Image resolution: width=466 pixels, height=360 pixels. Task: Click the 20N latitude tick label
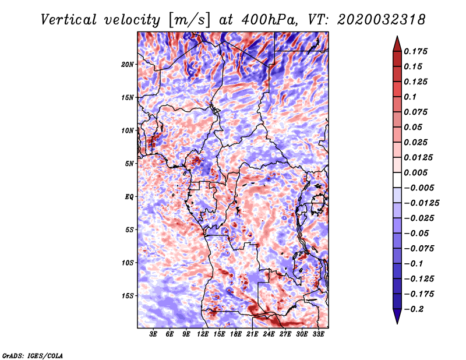[x=128, y=64]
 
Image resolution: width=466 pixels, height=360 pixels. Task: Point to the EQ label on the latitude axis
[x=129, y=197]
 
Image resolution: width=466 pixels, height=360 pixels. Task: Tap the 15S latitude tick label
[x=128, y=296]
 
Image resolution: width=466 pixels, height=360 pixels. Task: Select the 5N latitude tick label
[x=129, y=164]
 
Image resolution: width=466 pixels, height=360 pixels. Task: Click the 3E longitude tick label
[x=154, y=335]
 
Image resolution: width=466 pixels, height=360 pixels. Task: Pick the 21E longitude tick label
[x=252, y=335]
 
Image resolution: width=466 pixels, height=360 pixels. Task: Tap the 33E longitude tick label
[x=318, y=335]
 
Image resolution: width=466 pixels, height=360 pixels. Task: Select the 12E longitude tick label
[x=203, y=335]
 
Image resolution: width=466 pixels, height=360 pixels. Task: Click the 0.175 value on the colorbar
[x=417, y=51]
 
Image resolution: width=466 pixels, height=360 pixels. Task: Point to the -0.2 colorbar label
[x=415, y=309]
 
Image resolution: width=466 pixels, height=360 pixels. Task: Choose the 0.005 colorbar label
[x=417, y=172]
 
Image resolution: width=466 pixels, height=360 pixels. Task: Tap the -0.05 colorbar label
[x=417, y=233]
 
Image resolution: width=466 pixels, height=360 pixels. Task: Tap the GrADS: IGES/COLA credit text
[x=32, y=355]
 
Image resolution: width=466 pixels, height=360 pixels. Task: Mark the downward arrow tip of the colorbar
[x=396, y=322]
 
